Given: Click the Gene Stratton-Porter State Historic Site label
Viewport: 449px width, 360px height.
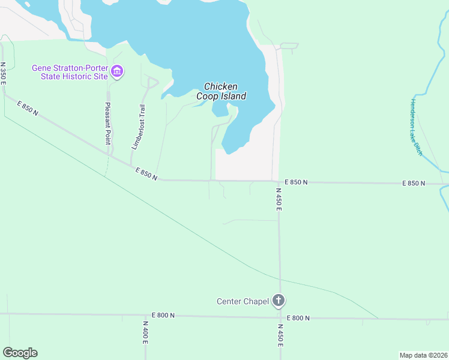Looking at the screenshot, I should [70, 72].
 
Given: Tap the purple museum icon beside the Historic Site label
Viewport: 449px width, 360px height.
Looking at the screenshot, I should [117, 73].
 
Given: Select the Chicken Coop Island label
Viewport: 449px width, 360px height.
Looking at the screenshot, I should [221, 91].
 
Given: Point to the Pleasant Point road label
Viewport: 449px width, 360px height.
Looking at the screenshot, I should [108, 123].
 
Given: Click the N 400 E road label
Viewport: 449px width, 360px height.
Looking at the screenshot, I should [145, 331].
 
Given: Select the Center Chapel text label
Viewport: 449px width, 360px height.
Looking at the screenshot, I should [243, 301].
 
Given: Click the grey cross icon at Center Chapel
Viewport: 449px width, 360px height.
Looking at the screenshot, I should [279, 300].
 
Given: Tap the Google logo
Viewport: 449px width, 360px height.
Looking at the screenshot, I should [20, 352].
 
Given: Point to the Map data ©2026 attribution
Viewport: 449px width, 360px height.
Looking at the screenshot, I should [423, 355].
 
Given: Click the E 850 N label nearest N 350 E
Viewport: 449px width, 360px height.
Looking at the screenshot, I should [28, 109].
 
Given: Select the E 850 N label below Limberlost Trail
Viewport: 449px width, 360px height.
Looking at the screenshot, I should [146, 174].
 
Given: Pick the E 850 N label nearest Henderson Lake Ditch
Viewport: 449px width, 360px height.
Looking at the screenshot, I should [414, 183].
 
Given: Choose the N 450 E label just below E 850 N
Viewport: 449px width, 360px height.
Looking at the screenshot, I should [279, 199].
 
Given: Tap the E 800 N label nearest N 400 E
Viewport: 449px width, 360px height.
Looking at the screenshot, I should [163, 315].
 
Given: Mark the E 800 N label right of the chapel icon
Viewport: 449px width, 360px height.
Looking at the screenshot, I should [298, 318].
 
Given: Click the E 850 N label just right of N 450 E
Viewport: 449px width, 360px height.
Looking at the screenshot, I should [296, 182].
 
